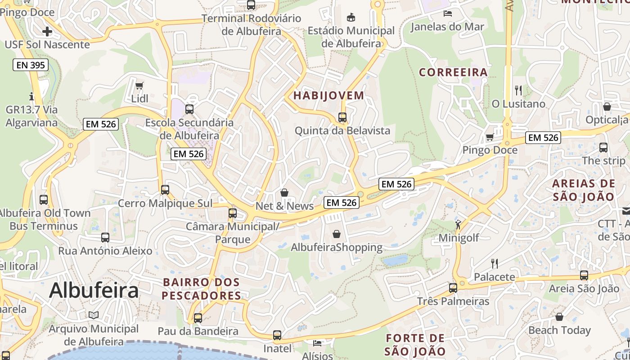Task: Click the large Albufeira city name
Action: click(94, 290)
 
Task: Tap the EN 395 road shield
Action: click(31, 65)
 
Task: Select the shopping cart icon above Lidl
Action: click(139, 85)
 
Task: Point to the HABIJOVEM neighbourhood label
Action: click(328, 95)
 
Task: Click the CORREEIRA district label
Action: click(453, 72)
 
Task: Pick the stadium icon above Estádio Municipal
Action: click(351, 18)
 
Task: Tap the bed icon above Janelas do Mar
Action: click(447, 13)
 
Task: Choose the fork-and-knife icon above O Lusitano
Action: click(518, 90)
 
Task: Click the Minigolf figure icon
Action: click(458, 225)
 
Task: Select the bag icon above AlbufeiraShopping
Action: click(336, 234)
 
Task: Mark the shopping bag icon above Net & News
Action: click(284, 193)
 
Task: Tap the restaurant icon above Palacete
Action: click(494, 263)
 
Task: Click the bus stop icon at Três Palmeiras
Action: click(453, 288)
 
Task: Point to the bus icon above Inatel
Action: click(277, 335)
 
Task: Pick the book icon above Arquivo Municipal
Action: click(94, 315)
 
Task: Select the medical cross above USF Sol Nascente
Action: click(47, 31)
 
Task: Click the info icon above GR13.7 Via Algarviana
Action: click(31, 96)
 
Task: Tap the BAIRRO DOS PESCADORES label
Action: click(201, 289)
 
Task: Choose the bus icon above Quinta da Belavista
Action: click(342, 117)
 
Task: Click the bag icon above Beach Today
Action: click(559, 317)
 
